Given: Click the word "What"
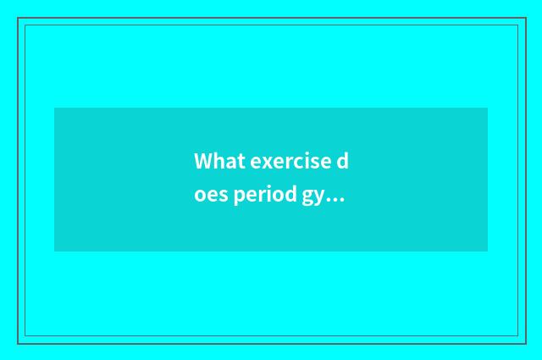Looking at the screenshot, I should pyautogui.click(x=219, y=161).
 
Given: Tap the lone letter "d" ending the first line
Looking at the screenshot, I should pyautogui.click(x=343, y=161).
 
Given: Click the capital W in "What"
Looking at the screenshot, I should pyautogui.click(x=203, y=161).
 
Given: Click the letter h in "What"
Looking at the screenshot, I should pyautogui.click(x=218, y=161).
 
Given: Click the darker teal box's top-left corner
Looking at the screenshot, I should pyautogui.click(x=55, y=108).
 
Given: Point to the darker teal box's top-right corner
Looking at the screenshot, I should pyautogui.click(x=487, y=108).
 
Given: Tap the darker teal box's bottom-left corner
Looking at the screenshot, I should pyautogui.click(x=55, y=251).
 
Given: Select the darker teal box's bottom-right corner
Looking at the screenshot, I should pyautogui.click(x=487, y=251).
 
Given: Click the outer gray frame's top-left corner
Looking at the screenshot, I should pyautogui.click(x=18, y=18).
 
